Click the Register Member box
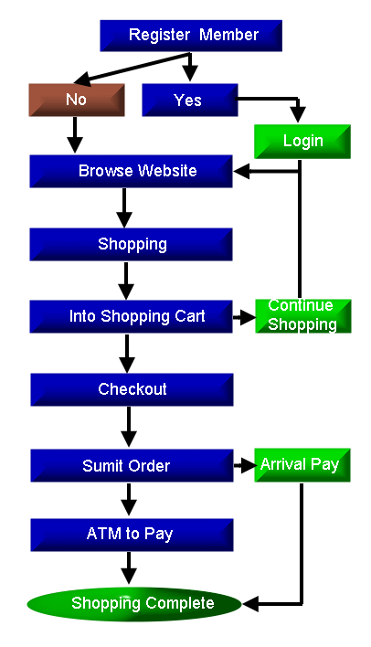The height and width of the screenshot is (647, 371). tap(191, 36)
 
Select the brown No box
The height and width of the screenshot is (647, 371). tap(77, 100)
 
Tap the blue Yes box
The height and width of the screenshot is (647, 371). tap(190, 100)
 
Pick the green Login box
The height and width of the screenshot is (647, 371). tap(302, 142)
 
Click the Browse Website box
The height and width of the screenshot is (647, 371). tap(131, 171)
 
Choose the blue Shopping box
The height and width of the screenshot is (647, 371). tap(131, 244)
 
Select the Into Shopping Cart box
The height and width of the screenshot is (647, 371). tap(131, 316)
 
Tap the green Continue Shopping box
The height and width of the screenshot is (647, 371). tap(302, 316)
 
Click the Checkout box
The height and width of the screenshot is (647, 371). tap(132, 389)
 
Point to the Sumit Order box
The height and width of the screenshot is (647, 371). tap(132, 466)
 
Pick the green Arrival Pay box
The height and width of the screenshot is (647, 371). tap(302, 465)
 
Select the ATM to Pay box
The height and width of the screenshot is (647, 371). tap(132, 536)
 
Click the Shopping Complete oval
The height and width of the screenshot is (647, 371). tap(134, 604)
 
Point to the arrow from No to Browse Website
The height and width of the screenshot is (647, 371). tap(75, 135)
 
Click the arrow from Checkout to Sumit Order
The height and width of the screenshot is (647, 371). tap(129, 427)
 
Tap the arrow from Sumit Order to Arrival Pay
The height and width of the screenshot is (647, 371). tap(245, 465)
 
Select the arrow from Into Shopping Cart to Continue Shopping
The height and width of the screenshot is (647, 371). tap(245, 317)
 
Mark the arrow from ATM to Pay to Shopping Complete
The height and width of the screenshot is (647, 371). tap(129, 568)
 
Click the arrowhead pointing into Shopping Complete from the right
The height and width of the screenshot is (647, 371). tap(250, 604)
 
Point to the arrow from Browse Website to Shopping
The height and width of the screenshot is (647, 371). tap(124, 208)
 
